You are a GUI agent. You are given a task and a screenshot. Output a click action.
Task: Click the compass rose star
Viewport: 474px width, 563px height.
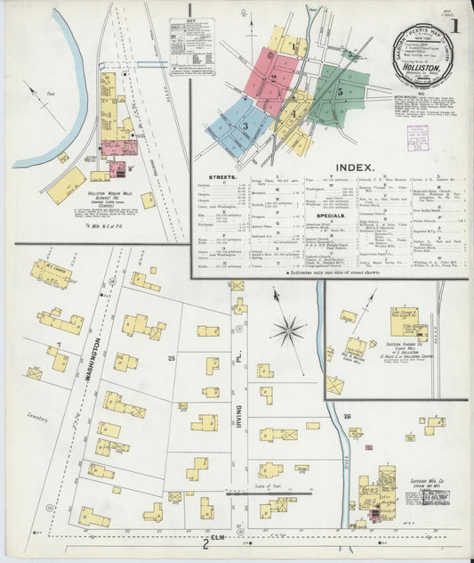point(288,330)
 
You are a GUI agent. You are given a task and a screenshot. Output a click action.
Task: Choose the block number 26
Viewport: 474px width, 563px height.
point(347,415)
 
